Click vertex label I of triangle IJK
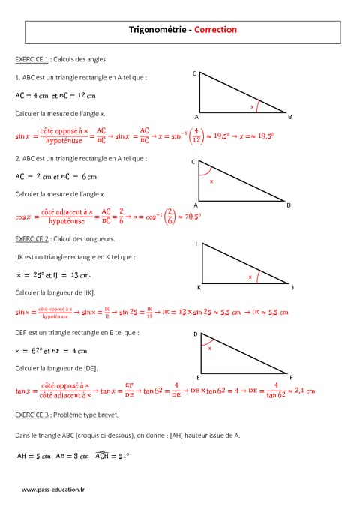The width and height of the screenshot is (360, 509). [196, 244]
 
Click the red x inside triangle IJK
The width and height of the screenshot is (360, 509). [250, 277]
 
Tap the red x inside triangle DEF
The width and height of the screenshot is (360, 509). [210, 348]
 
